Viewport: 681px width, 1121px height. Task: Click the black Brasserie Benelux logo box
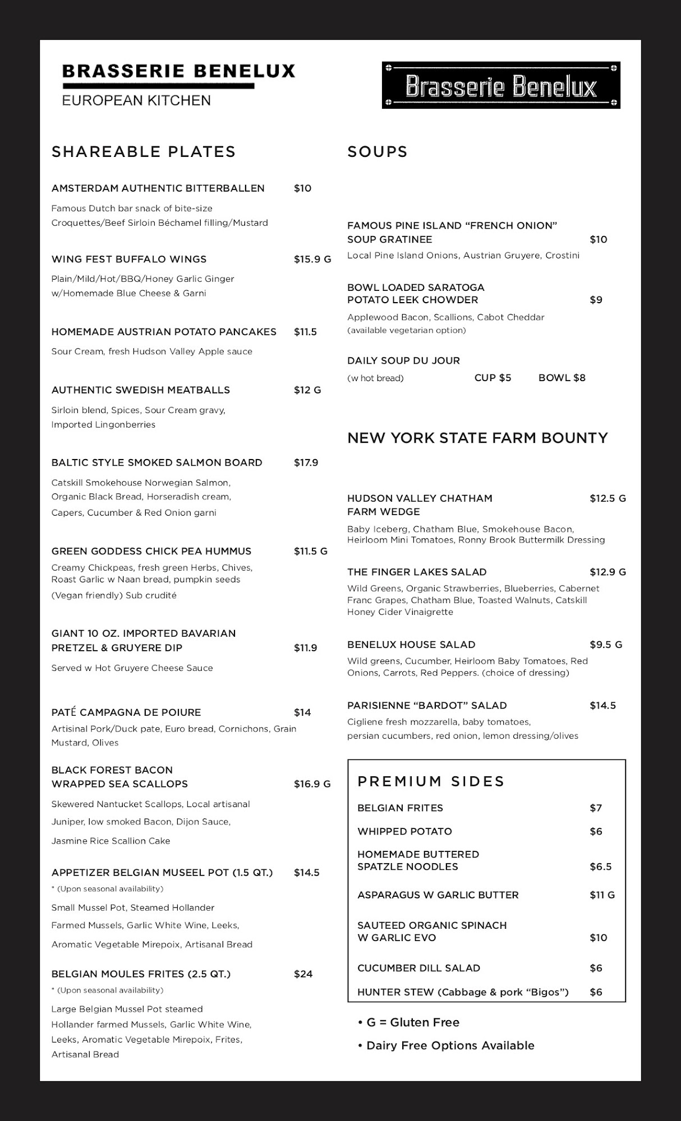pos(501,86)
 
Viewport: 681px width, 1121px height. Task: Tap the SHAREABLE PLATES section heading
pos(144,152)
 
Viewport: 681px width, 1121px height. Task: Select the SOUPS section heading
pos(378,152)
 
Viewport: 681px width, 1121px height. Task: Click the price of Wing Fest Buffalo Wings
pos(312,260)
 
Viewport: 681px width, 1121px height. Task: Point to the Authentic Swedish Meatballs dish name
pos(141,390)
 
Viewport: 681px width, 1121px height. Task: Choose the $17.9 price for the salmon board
pos(306,463)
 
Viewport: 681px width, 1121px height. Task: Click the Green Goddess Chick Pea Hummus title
pos(151,552)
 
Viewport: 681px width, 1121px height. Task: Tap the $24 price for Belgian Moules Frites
pos(303,974)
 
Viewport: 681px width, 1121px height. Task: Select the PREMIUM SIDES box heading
pos(431,781)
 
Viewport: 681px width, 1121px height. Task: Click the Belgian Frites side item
pos(400,808)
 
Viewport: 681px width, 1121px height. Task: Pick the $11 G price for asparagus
pos(602,895)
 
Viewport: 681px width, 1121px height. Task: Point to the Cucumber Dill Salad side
pos(418,969)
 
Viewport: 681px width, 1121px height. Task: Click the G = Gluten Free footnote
pos(409,1022)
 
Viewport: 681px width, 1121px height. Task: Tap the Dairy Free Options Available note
pos(447,1045)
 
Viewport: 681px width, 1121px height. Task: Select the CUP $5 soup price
pos(493,378)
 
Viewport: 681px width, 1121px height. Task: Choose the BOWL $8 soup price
pos(562,378)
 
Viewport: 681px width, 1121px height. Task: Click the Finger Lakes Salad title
pos(417,572)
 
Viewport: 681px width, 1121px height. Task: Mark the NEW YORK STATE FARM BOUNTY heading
pos(477,438)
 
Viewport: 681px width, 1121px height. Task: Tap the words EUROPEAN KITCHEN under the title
pos(136,101)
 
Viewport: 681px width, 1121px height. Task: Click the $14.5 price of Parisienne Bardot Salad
pos(602,706)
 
